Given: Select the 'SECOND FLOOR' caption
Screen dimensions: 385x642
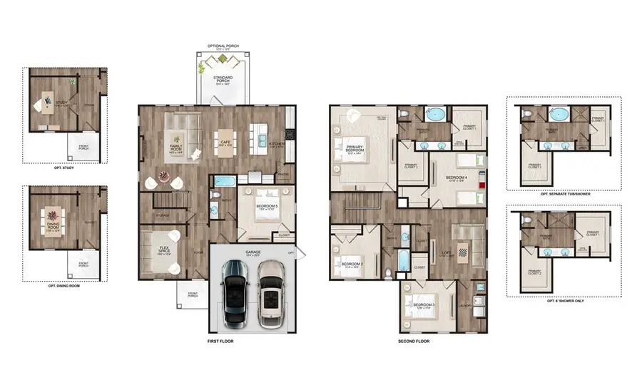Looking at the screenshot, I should [413, 342].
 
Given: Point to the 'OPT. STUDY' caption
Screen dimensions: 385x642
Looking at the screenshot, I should [63, 168].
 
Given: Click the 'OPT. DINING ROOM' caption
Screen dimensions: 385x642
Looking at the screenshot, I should [64, 285].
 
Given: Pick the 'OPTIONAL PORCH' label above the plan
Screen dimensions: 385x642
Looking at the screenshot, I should [223, 46].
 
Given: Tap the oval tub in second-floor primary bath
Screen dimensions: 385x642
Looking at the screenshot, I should [434, 114].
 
